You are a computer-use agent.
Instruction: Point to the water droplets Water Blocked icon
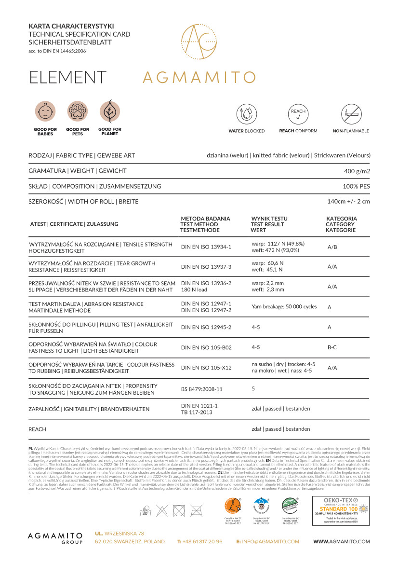click(x=246, y=114)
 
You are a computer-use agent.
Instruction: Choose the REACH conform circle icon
click(x=298, y=114)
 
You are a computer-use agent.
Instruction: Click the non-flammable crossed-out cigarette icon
click(x=351, y=114)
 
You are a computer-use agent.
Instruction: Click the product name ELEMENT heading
click(x=68, y=77)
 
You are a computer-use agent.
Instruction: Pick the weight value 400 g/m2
click(x=357, y=171)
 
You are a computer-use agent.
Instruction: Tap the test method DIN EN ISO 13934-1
click(x=206, y=247)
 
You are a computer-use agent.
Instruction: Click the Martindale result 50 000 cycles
click(x=284, y=307)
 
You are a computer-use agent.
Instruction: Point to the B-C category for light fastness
click(x=332, y=347)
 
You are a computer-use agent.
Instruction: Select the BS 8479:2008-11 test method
click(x=201, y=389)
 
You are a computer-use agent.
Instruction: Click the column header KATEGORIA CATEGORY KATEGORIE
click(x=341, y=224)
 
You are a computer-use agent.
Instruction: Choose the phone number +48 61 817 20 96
click(x=199, y=542)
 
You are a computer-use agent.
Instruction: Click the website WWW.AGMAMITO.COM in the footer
click(x=342, y=542)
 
